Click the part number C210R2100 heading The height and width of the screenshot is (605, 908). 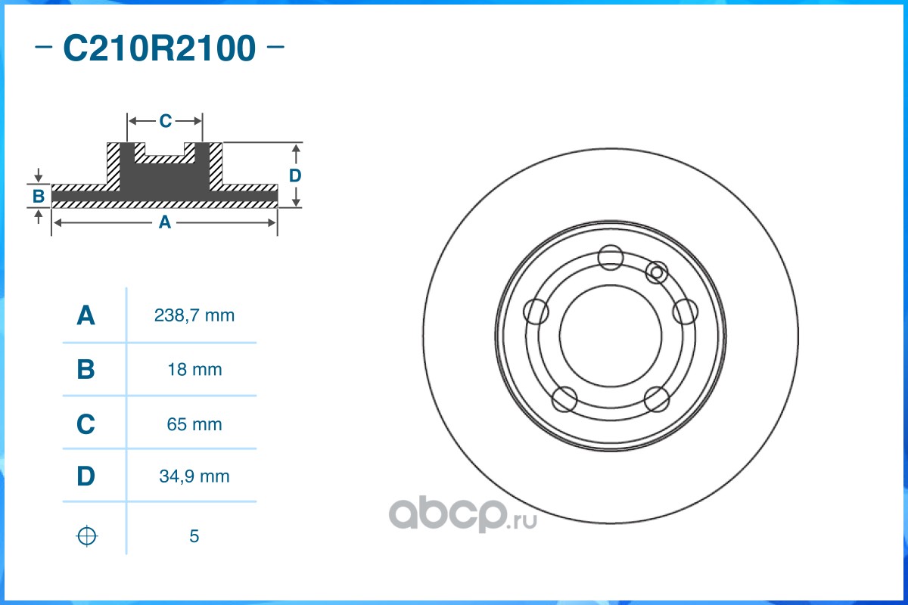[160, 48]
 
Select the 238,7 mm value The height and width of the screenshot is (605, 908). [194, 315]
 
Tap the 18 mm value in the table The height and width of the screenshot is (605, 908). [194, 370]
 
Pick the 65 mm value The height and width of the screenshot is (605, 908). [194, 424]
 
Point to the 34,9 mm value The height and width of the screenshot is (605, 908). [194, 476]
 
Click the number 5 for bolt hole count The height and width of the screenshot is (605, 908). [194, 536]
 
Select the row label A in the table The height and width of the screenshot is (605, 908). [86, 315]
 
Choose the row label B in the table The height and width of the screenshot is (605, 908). [86, 369]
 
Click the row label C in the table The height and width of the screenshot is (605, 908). [86, 423]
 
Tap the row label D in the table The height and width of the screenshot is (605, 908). [86, 476]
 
